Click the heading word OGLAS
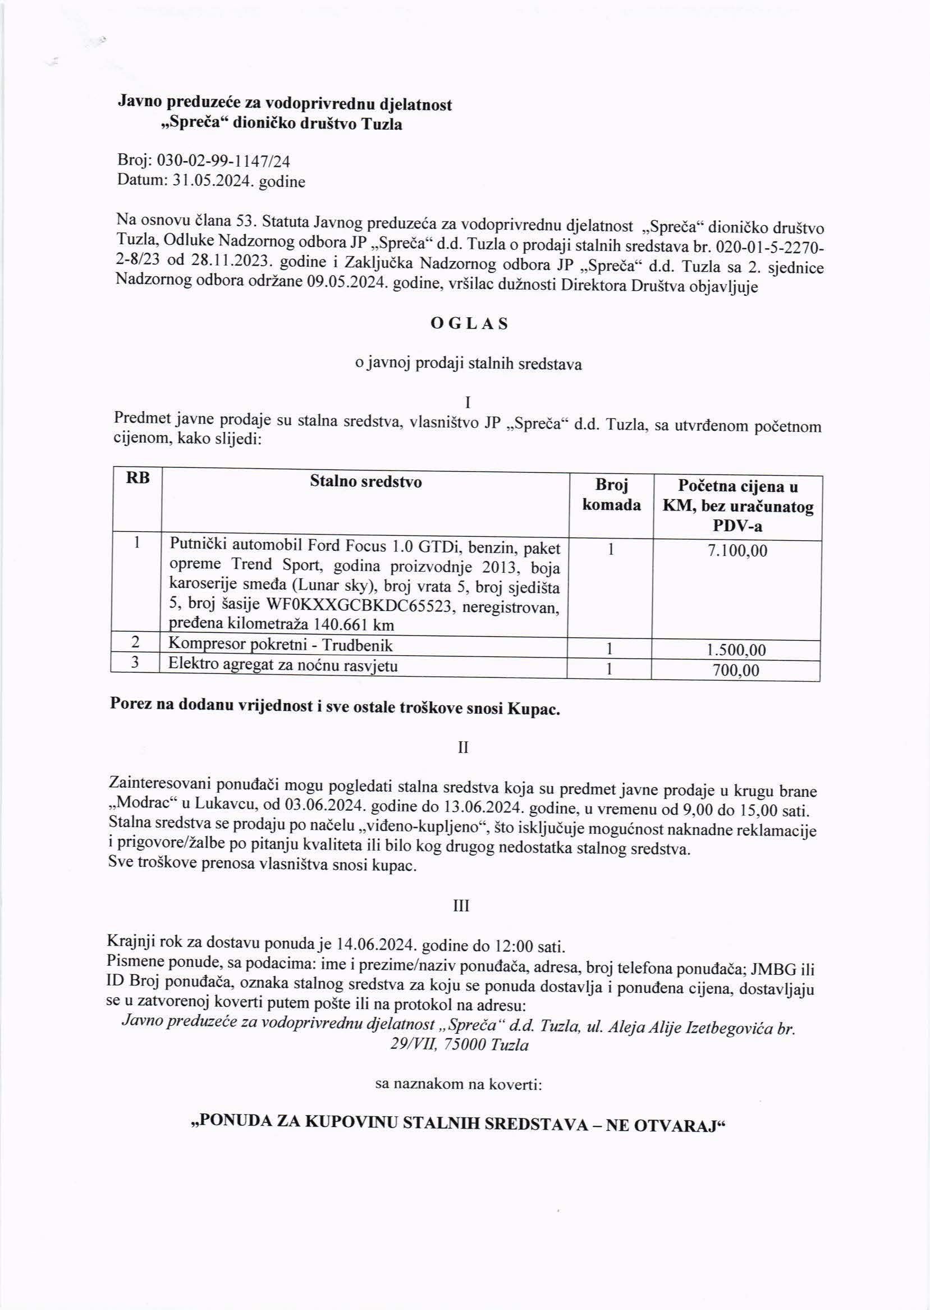(469, 324)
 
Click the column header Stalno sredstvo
(365, 482)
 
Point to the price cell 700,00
(736, 670)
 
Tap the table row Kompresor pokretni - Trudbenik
(281, 646)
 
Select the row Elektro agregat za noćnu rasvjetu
(283, 665)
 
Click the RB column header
(138, 479)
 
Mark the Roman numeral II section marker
(463, 748)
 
